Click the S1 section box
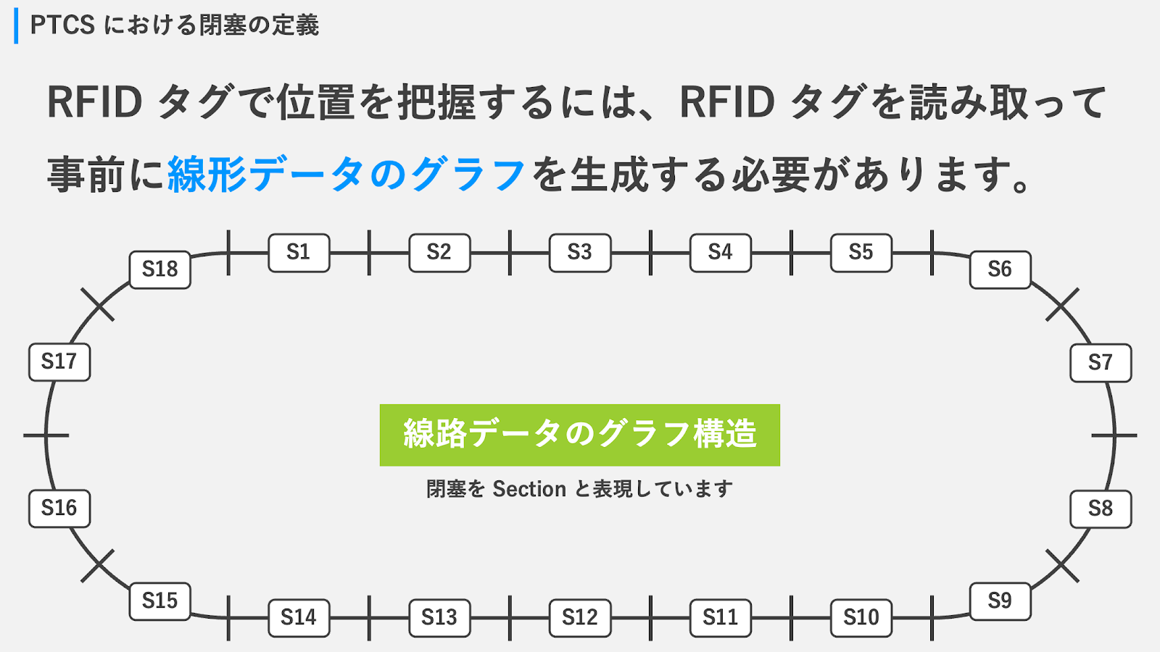click(x=299, y=253)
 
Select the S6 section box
click(x=1000, y=270)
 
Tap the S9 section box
click(x=1000, y=601)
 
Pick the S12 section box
click(x=580, y=618)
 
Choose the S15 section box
click(x=160, y=601)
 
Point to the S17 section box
click(x=59, y=361)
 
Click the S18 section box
click(x=160, y=269)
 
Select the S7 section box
click(x=1101, y=362)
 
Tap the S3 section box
click(x=580, y=253)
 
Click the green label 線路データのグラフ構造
click(x=580, y=435)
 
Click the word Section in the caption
click(x=529, y=489)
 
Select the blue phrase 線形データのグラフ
click(x=347, y=175)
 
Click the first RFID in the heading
click(x=95, y=102)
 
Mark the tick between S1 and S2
click(x=369, y=253)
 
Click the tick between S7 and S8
click(x=1114, y=435)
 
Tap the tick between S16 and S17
click(x=46, y=435)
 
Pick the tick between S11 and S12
click(x=650, y=618)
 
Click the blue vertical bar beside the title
click(x=16, y=25)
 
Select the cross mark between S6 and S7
click(x=1062, y=304)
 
